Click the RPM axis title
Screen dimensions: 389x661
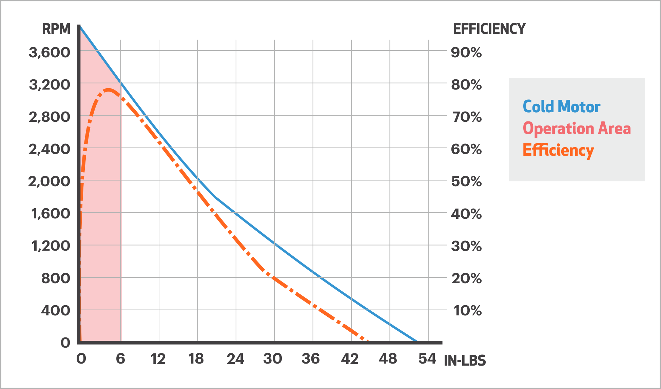click(x=56, y=29)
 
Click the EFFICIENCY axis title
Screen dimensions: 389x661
click(x=489, y=29)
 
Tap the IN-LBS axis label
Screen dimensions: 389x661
click(x=465, y=361)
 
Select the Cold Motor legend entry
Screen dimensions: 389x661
click(x=561, y=107)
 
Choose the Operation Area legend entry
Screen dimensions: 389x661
click(x=577, y=129)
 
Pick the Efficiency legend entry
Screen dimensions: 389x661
click(x=558, y=150)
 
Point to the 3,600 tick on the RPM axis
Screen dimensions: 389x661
click(x=50, y=53)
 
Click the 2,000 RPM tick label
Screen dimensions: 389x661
click(x=49, y=181)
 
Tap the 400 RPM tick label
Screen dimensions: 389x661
click(x=56, y=310)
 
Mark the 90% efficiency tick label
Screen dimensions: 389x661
click(x=466, y=53)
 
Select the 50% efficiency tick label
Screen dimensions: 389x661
click(x=466, y=181)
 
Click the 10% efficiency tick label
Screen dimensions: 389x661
click(x=467, y=310)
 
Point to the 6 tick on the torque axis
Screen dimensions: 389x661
click(x=120, y=359)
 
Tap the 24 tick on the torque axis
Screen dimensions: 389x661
click(x=235, y=359)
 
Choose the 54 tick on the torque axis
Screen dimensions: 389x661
click(x=427, y=359)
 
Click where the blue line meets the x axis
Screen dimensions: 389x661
click(x=417, y=342)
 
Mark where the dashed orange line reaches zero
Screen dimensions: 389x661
click(x=368, y=341)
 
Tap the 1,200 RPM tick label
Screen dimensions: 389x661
click(x=51, y=246)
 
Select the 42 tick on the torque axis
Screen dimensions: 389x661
click(x=350, y=359)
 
